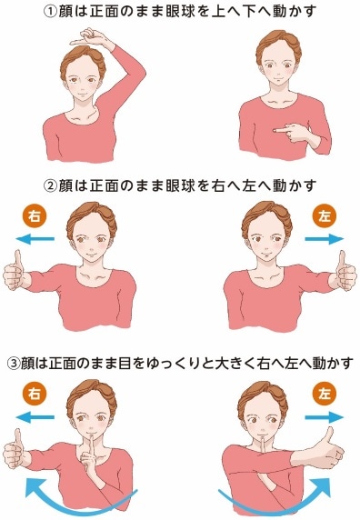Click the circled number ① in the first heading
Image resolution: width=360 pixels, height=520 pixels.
tap(50, 12)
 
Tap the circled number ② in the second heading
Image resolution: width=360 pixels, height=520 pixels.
tap(50, 185)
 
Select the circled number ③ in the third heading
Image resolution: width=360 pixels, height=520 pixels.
tap(14, 364)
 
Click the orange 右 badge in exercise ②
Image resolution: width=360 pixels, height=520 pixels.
tap(35, 216)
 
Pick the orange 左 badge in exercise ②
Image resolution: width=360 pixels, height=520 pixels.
tap(325, 216)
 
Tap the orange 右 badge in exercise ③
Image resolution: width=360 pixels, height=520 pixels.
tap(35, 394)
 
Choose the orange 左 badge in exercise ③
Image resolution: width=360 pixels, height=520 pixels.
tap(325, 394)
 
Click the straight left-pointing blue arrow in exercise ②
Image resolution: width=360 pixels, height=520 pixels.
tap(35, 238)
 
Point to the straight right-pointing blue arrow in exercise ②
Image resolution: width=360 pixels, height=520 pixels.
tap(325, 239)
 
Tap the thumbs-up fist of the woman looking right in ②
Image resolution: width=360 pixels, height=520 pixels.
tap(15, 271)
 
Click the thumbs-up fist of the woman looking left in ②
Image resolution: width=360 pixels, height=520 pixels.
tap(345, 271)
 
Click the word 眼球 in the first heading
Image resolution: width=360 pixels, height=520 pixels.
tap(180, 12)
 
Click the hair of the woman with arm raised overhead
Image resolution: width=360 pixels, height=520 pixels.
tap(83, 61)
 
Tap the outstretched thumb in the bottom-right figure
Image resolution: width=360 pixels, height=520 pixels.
tap(328, 435)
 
